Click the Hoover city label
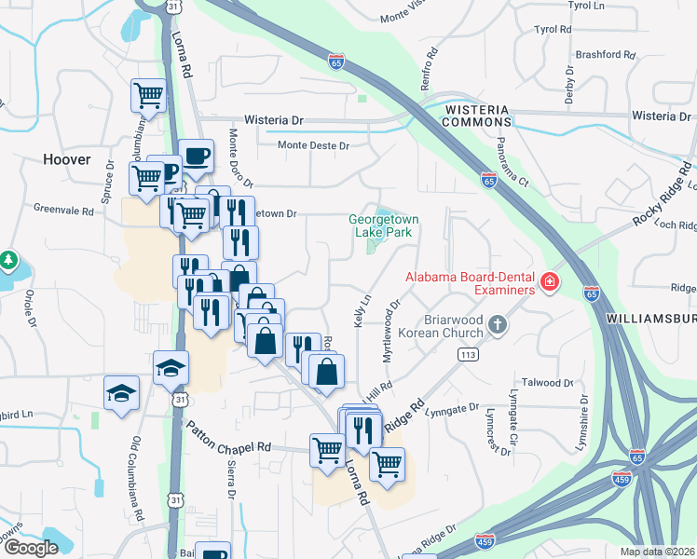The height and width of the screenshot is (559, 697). click(x=67, y=159)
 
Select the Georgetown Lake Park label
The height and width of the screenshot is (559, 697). click(x=383, y=225)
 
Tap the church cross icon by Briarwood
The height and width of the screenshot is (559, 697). click(x=498, y=324)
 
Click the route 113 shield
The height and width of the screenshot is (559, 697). click(x=467, y=354)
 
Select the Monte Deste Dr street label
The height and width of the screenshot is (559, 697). click(x=313, y=146)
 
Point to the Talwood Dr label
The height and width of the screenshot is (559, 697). click(x=547, y=383)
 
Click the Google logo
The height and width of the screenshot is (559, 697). click(x=31, y=548)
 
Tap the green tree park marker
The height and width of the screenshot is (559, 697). click(x=7, y=258)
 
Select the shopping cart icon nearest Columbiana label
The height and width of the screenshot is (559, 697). click(x=148, y=95)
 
